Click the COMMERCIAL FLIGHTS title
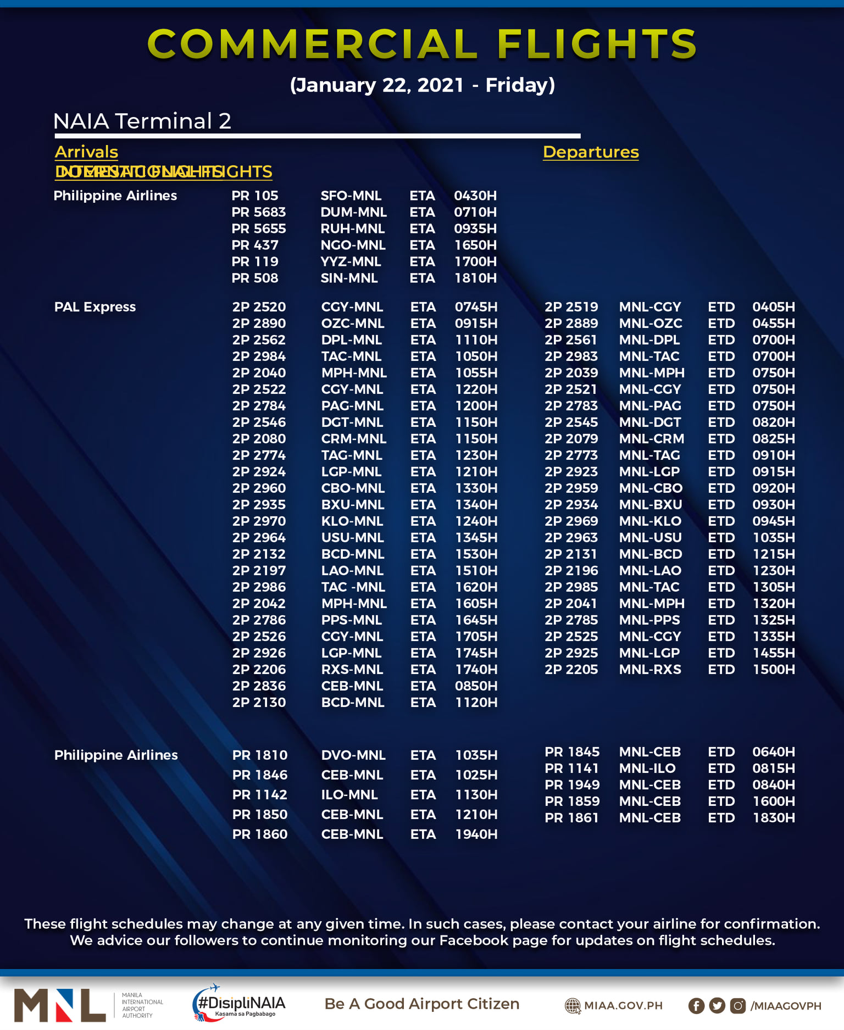click(x=422, y=44)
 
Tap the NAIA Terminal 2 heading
click(x=142, y=121)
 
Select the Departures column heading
click(x=591, y=152)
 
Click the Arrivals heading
click(x=86, y=152)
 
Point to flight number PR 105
click(x=255, y=196)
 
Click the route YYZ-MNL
click(x=351, y=262)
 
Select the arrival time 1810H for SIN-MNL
click(x=475, y=279)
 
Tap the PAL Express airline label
click(x=95, y=307)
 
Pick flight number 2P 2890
click(x=259, y=324)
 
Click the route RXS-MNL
click(x=352, y=670)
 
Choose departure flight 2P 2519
click(x=571, y=307)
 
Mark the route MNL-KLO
click(x=650, y=521)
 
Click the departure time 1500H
click(x=774, y=670)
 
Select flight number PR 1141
click(x=571, y=769)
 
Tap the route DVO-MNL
click(x=353, y=755)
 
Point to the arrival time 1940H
click(x=476, y=834)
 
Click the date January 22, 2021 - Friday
click(x=422, y=85)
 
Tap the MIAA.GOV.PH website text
click(x=623, y=1006)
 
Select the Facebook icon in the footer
click(x=696, y=1006)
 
